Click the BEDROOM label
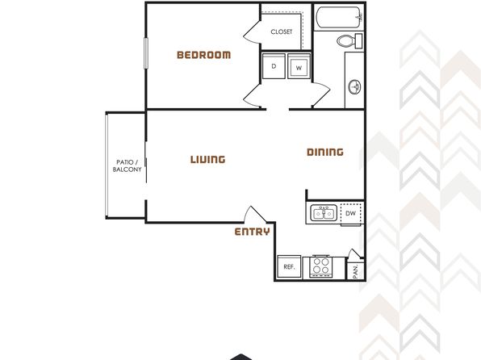[203, 55]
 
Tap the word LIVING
[207, 159]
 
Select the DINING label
[325, 152]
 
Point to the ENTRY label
[252, 232]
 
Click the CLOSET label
[282, 31]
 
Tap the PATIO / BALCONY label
[127, 165]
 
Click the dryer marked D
[274, 66]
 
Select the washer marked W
[299, 66]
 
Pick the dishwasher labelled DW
[350, 214]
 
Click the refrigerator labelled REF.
[289, 266]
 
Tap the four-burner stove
[321, 266]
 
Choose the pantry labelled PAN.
[355, 271]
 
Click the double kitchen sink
[324, 213]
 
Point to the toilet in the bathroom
[349, 41]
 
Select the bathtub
[339, 18]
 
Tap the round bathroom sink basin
[354, 87]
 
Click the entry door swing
[254, 213]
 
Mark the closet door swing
[252, 32]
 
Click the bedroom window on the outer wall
[146, 53]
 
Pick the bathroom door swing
[321, 95]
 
